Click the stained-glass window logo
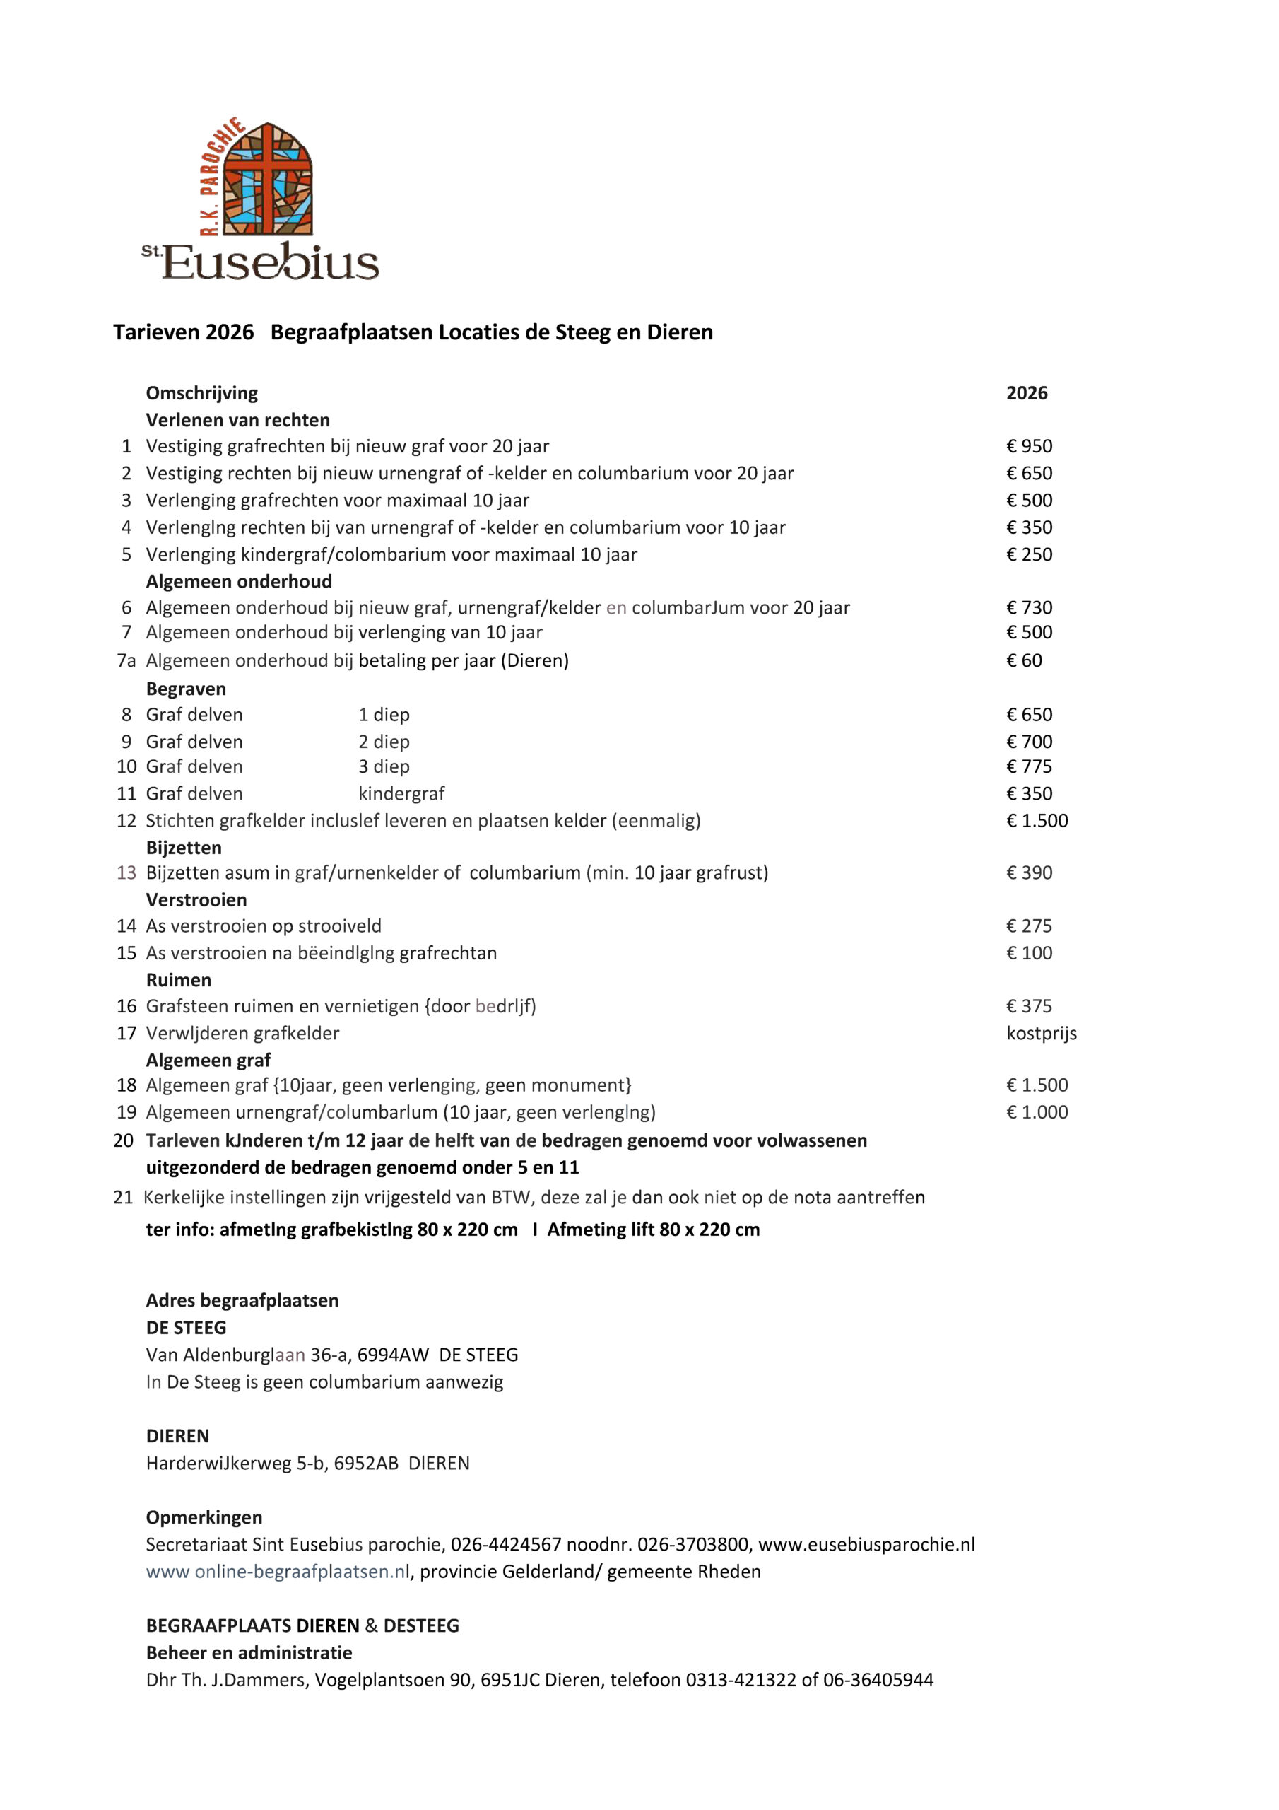pos(267,178)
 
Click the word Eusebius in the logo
pos(271,262)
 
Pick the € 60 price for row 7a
pos(1024,660)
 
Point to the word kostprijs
pos(1041,1033)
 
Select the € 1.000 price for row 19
pos(1037,1111)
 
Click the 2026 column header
pos(1026,392)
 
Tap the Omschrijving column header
pos(201,392)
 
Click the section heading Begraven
pos(186,688)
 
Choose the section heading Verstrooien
pos(196,899)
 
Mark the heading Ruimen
pos(179,980)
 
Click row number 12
pos(126,821)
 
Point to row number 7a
pos(126,660)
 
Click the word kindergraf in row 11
pos(401,793)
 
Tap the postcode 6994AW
pos(392,1355)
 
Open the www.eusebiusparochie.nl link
pos(866,1544)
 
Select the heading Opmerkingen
pos(204,1517)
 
